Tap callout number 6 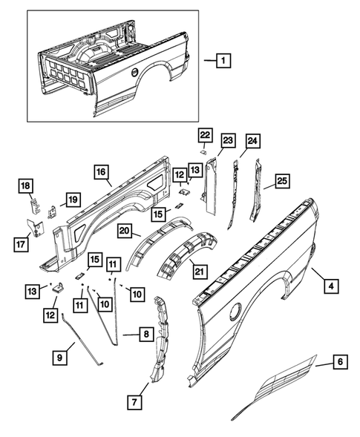(340, 362)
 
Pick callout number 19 (72, 199)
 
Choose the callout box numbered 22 (205, 134)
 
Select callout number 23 (227, 141)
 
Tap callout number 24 (252, 141)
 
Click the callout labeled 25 (283, 180)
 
